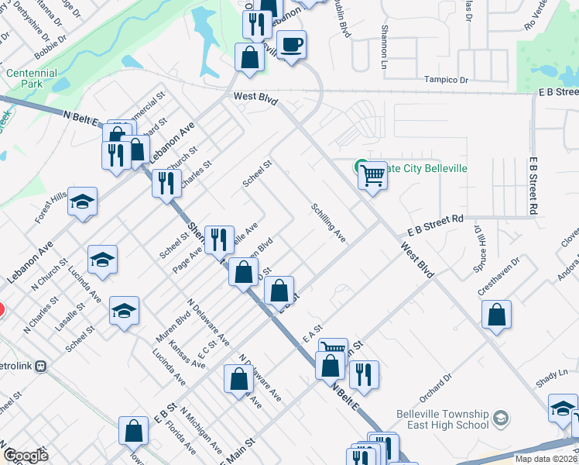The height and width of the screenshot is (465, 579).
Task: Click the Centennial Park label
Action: (x=32, y=78)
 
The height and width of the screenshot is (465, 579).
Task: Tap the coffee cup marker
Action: (x=292, y=45)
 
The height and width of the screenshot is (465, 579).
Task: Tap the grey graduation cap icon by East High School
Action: (x=500, y=418)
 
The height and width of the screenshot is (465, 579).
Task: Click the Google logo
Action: (x=26, y=456)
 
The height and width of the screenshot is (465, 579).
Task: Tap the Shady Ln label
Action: (x=552, y=377)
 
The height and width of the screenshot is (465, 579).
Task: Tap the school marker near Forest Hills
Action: (x=83, y=202)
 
